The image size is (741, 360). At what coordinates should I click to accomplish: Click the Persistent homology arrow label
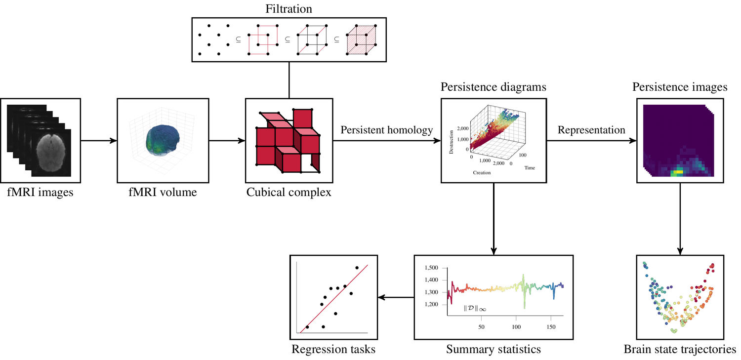(386, 130)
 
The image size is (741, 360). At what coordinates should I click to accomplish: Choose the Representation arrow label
(591, 130)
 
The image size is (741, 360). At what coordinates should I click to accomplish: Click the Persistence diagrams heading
(493, 88)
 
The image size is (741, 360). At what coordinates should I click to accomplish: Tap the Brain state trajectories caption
(680, 350)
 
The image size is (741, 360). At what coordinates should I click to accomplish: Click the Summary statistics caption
(493, 350)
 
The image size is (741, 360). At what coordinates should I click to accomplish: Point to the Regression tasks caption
(333, 350)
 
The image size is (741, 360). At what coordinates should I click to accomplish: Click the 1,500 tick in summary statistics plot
(431, 268)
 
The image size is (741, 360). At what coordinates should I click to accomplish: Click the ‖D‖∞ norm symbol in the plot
(475, 309)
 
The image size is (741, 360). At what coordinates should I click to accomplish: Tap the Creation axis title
(482, 173)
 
